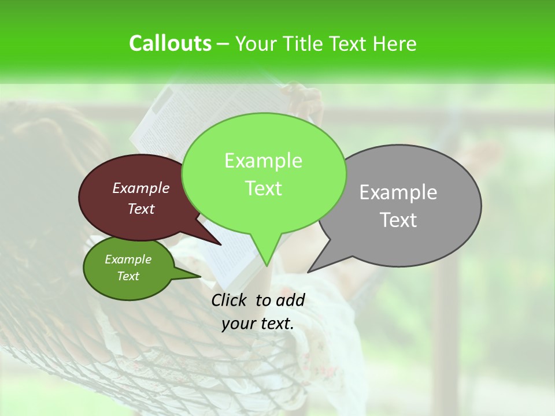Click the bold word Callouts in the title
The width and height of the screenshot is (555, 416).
click(x=170, y=43)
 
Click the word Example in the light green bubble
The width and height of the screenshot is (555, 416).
click(x=263, y=161)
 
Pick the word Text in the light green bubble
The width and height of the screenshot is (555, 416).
click(x=263, y=188)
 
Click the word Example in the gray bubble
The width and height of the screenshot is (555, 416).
click(x=398, y=192)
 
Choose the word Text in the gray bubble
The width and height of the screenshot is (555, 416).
click(x=398, y=220)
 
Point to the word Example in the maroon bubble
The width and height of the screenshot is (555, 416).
click(x=140, y=188)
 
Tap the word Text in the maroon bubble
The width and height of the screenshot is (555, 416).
click(x=140, y=209)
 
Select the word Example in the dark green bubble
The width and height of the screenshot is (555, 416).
click(x=128, y=259)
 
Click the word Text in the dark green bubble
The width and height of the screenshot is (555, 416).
click(x=128, y=276)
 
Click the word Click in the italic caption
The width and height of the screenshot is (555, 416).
click(x=230, y=300)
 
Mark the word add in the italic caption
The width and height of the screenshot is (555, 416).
click(x=290, y=300)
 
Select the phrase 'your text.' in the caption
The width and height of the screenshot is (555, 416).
click(x=258, y=324)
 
